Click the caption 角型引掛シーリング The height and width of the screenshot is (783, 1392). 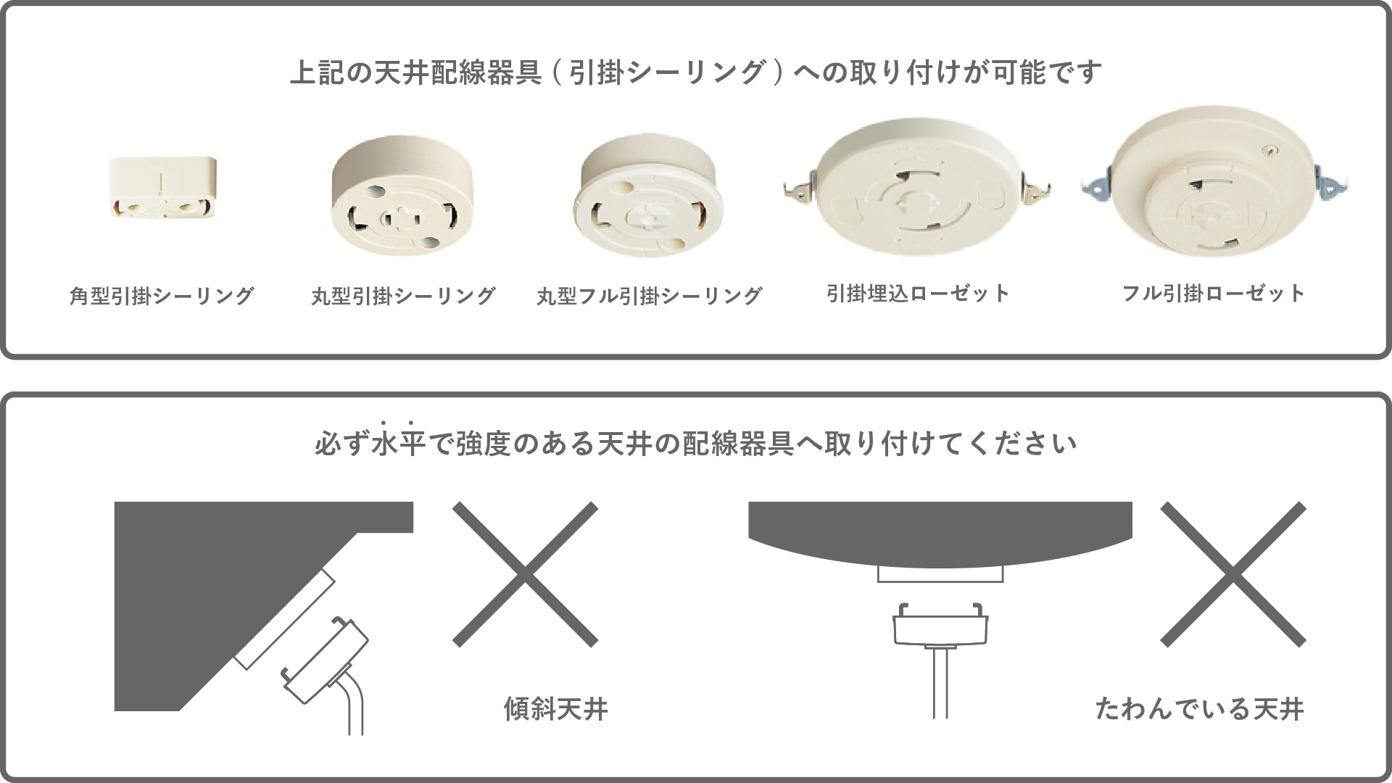(x=162, y=296)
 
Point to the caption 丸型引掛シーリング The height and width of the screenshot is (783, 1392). (x=403, y=296)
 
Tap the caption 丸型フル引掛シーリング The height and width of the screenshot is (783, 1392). (x=649, y=296)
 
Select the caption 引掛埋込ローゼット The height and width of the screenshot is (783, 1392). (x=918, y=294)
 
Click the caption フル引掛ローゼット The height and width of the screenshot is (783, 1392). (x=1214, y=294)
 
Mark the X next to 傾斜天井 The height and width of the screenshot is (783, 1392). (x=525, y=574)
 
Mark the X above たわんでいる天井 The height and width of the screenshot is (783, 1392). (x=1233, y=574)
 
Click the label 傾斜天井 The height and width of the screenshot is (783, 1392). (x=556, y=709)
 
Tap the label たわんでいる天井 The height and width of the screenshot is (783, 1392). (x=1200, y=709)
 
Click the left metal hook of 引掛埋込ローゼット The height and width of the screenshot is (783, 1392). (x=800, y=189)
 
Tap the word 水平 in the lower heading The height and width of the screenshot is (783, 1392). (x=397, y=443)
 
